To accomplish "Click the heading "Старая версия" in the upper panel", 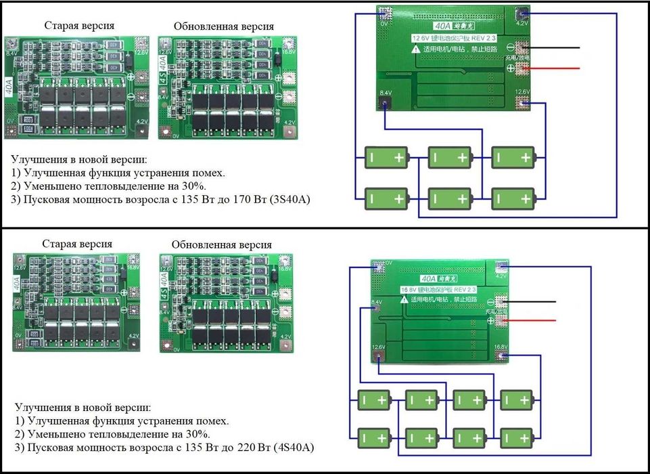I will [x=79, y=25].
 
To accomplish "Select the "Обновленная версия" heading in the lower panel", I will [x=222, y=244].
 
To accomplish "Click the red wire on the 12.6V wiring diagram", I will [x=558, y=68].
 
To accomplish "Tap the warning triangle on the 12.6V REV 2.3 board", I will [x=414, y=49].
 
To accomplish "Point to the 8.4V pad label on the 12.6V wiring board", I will [x=386, y=92].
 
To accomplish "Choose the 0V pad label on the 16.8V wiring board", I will [x=388, y=261].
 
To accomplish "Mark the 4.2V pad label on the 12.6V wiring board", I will [x=521, y=23].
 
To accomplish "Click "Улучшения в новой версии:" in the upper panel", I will [x=78, y=160].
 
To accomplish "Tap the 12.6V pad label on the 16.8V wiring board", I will [x=378, y=347].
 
